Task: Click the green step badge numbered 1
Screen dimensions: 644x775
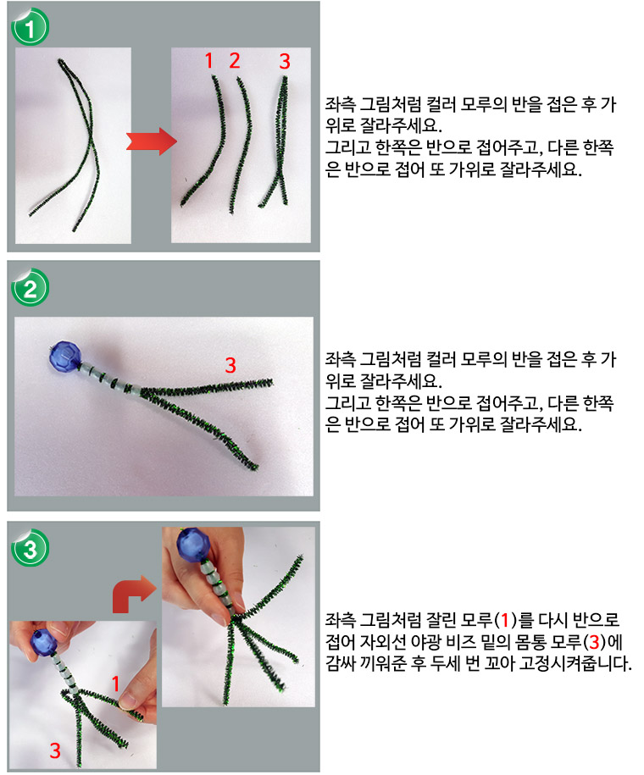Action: click(30, 28)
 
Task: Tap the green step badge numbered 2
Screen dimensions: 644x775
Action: click(30, 288)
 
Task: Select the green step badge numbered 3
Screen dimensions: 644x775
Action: click(30, 548)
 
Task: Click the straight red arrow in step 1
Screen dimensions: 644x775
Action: click(152, 141)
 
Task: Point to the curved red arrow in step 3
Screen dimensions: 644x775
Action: click(131, 593)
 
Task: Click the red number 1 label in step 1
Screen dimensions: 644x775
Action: click(208, 61)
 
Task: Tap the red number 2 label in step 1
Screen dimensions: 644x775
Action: click(235, 61)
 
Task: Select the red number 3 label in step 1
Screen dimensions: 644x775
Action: click(285, 61)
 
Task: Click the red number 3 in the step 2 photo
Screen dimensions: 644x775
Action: click(230, 365)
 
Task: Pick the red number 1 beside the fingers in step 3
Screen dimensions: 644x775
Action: click(116, 684)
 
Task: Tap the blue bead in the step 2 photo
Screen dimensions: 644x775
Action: click(64, 355)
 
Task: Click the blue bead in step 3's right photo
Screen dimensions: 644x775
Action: click(194, 544)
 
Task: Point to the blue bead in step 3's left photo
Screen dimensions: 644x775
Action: click(44, 643)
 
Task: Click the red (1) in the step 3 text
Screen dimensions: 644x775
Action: click(505, 620)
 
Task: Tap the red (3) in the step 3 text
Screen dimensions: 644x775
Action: click(594, 641)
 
